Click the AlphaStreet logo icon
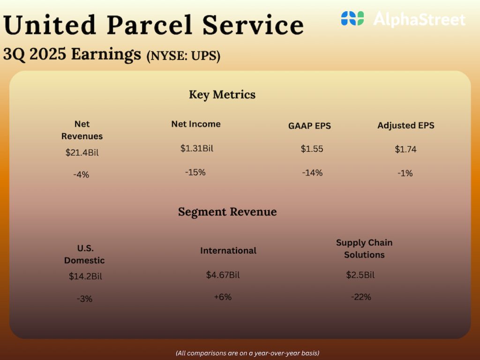pyautogui.click(x=352, y=19)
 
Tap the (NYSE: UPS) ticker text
pyautogui.click(x=183, y=56)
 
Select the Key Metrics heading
pyautogui.click(x=222, y=95)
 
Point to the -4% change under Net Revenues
pyautogui.click(x=81, y=174)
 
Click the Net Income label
pyautogui.click(x=195, y=124)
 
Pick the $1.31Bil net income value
pyautogui.click(x=196, y=149)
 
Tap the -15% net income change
pyautogui.click(x=195, y=172)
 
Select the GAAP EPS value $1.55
pyautogui.click(x=312, y=149)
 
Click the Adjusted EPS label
pyautogui.click(x=405, y=126)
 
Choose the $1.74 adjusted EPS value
pyautogui.click(x=405, y=150)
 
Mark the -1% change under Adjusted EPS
pyautogui.click(x=405, y=173)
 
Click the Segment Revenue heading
pyautogui.click(x=227, y=212)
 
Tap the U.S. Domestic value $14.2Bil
pyautogui.click(x=85, y=276)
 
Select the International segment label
pyautogui.click(x=228, y=251)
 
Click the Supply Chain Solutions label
pyautogui.click(x=364, y=248)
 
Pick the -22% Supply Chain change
pyautogui.click(x=361, y=297)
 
